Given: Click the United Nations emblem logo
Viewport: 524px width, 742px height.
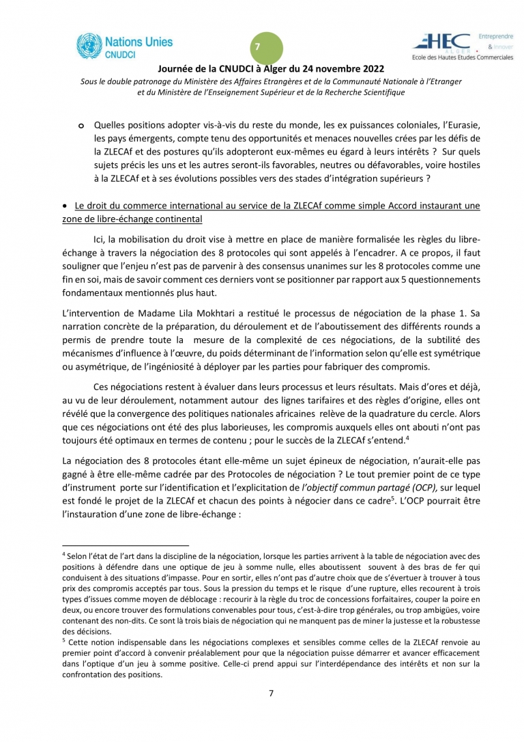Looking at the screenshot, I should pyautogui.click(x=89, y=46).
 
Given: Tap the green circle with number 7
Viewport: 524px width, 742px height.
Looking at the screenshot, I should pyautogui.click(x=258, y=46).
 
